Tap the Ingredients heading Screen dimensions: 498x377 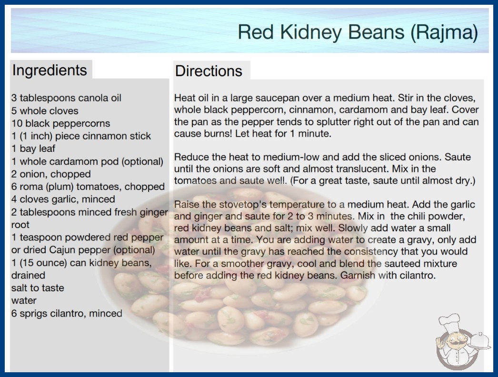tap(50, 70)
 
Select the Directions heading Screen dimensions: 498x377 tap(209, 71)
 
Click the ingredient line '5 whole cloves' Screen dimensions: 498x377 tap(45, 111)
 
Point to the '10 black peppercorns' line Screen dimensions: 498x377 tap(60, 123)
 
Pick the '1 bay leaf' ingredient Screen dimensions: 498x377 tap(33, 149)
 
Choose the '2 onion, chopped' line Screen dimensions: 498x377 tap(51, 174)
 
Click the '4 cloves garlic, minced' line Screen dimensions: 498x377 tap(63, 199)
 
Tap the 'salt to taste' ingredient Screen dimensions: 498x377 tap(38, 288)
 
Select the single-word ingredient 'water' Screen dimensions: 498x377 tap(24, 300)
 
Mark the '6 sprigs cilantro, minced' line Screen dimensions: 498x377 tap(67, 314)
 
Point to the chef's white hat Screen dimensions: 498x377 tap(450, 322)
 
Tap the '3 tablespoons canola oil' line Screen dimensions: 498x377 tap(66, 98)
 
